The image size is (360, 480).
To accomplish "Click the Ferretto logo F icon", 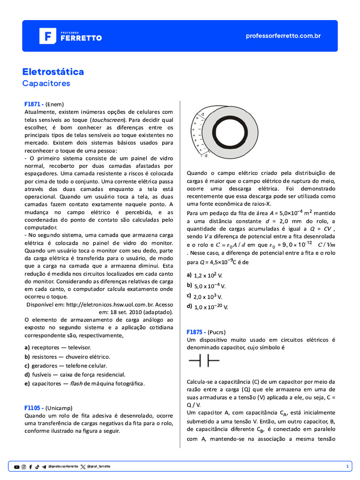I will tap(47, 36).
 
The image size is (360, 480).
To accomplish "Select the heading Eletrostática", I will tap(53, 72).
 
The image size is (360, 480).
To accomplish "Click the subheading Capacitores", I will tap(46, 83).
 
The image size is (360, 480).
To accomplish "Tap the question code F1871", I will tap(34, 104).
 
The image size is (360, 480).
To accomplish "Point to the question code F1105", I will tap(34, 408).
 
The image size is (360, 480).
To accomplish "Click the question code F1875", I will tap(196, 331).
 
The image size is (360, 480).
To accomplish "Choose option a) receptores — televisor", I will tap(57, 347).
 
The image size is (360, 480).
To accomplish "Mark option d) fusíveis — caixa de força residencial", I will tap(75, 375).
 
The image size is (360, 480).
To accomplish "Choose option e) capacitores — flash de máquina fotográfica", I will tap(84, 383).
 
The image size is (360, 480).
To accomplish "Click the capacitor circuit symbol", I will tap(204, 360).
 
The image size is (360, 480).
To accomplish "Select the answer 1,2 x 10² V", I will tap(207, 276).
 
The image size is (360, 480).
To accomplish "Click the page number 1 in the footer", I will tap(347, 466).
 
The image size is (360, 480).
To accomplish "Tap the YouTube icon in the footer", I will tap(17, 467).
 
